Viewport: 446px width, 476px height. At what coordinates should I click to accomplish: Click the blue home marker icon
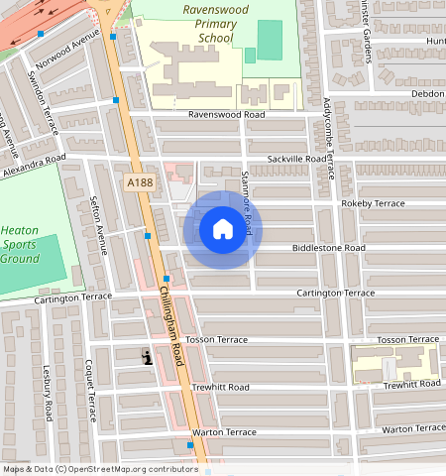point(223,229)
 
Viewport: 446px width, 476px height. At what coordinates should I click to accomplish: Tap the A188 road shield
point(139,182)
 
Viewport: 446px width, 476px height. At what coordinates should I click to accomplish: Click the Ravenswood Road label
point(228,115)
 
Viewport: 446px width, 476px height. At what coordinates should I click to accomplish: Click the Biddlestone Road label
point(328,248)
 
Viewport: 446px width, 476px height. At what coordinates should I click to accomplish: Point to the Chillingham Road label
point(171,327)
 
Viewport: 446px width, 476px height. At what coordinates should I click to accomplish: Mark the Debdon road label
point(428,93)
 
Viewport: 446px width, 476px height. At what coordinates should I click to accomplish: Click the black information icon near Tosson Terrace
point(148,358)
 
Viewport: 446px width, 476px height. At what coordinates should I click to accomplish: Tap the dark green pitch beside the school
point(269,40)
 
